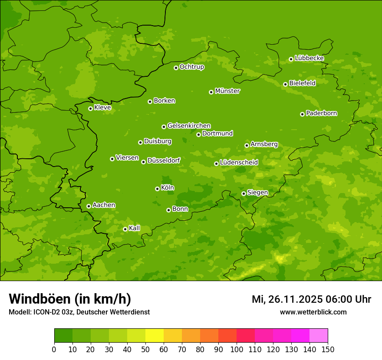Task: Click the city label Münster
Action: [x=227, y=91]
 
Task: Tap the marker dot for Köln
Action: [x=157, y=189]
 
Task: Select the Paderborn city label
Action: [x=321, y=113]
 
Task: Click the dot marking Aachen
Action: [x=89, y=206]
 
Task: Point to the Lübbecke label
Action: [x=309, y=58]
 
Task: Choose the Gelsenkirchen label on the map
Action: [x=189, y=126]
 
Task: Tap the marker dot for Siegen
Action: [x=244, y=193]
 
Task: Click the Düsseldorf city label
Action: [x=164, y=161]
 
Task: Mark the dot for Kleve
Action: [x=90, y=108]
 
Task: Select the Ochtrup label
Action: [x=191, y=67]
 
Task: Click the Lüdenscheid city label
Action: [x=239, y=163]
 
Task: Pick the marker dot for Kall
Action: [x=125, y=229]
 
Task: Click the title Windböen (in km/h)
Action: [x=70, y=299]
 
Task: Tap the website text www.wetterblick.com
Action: [x=313, y=312]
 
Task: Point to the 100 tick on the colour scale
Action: [x=237, y=349]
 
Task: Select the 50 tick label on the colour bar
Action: [x=145, y=349]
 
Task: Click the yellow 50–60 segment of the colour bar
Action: [x=155, y=336]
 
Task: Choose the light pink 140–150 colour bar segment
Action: [x=319, y=336]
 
